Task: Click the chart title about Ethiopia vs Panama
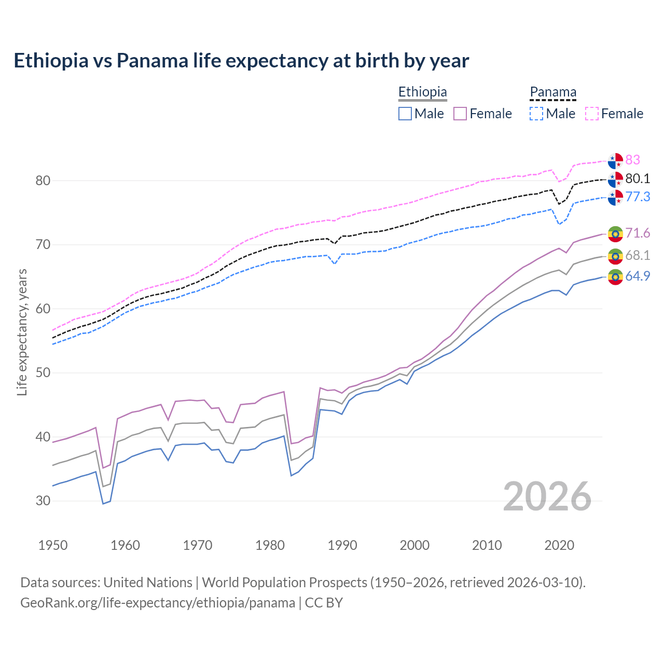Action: click(x=241, y=61)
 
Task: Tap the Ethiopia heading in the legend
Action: click(x=422, y=92)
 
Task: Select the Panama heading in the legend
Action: click(x=553, y=92)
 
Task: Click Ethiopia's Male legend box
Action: click(x=405, y=114)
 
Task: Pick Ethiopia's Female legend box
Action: click(x=461, y=114)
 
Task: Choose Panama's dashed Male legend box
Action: click(x=536, y=114)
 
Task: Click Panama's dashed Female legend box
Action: click(x=592, y=114)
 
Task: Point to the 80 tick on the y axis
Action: click(x=43, y=181)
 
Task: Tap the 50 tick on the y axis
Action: click(x=43, y=372)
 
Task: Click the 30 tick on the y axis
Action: click(x=43, y=501)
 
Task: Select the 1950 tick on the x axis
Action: click(x=53, y=545)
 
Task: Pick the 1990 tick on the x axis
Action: click(x=342, y=545)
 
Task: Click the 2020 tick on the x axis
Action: click(x=559, y=545)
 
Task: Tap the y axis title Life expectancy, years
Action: click(x=22, y=332)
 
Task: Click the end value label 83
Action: click(x=632, y=160)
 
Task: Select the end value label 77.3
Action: click(x=638, y=197)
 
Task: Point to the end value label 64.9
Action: click(x=638, y=276)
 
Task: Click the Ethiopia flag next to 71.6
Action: click(x=615, y=233)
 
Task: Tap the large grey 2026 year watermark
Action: click(x=547, y=496)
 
